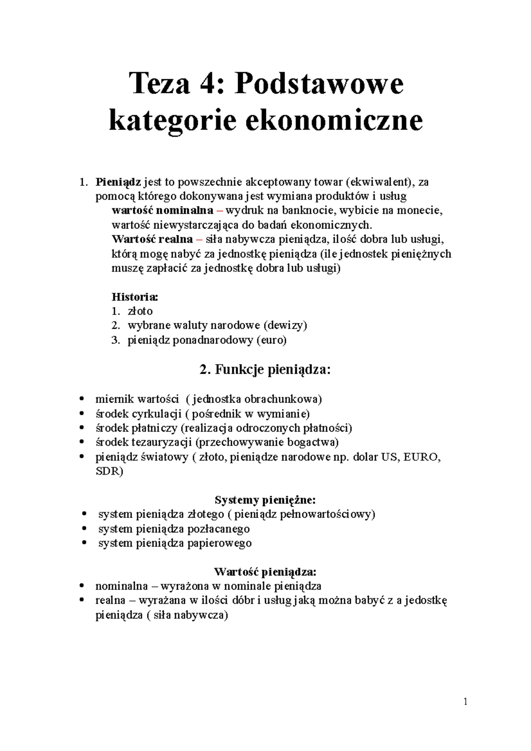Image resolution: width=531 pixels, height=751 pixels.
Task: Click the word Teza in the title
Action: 162,84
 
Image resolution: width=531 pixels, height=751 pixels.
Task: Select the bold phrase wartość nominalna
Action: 162,210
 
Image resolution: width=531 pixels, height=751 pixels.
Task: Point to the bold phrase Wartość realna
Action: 152,239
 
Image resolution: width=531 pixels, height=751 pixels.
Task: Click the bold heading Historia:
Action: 135,296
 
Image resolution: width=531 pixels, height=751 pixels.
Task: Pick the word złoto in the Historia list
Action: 140,311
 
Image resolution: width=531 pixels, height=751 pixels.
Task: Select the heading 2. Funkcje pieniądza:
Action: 265,369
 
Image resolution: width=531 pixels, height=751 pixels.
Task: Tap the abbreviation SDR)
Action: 109,471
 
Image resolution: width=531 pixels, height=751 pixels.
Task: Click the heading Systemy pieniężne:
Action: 265,500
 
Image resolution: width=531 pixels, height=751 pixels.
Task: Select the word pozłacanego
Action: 219,529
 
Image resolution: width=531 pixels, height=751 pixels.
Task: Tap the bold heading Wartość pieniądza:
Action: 265,572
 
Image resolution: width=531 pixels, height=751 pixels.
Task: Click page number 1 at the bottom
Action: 466,702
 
